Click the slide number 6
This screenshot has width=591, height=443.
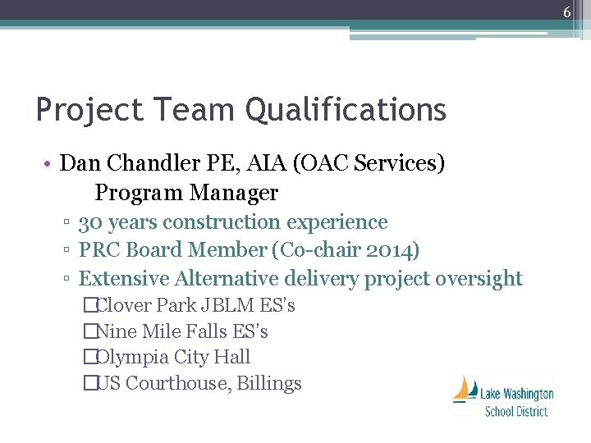point(566,12)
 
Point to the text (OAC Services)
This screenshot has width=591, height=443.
point(373,163)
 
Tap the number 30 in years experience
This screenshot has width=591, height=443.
point(90,222)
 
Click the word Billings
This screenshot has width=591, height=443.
point(269,384)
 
